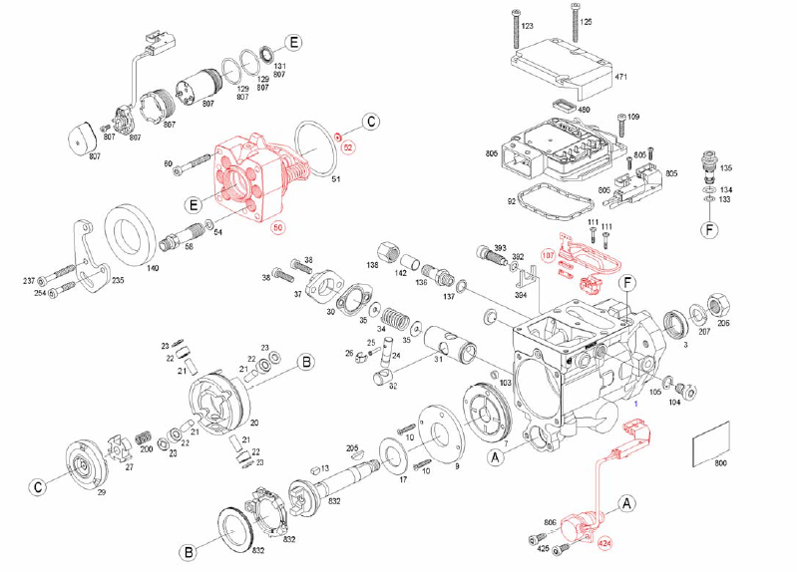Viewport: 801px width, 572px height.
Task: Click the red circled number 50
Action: [278, 228]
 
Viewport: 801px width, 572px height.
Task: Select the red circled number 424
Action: [603, 544]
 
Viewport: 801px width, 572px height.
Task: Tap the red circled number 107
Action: [547, 255]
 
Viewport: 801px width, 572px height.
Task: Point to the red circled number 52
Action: [348, 147]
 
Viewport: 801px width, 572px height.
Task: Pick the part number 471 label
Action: [620, 77]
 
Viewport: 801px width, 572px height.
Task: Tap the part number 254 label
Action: [41, 293]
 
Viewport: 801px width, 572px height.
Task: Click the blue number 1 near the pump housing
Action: [635, 406]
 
